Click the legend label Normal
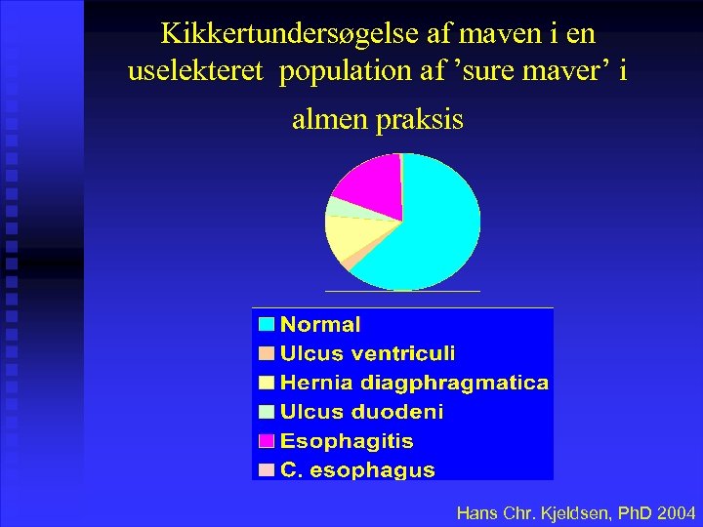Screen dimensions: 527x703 [320, 325]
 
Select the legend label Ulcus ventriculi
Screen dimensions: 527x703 [367, 353]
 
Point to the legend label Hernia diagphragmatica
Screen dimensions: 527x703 [414, 383]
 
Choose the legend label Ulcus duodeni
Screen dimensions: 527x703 [361, 412]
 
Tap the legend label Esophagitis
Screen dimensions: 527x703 [347, 441]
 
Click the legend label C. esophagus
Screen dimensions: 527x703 [357, 469]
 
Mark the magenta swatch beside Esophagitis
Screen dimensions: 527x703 [267, 441]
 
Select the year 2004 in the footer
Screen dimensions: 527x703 [677, 512]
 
